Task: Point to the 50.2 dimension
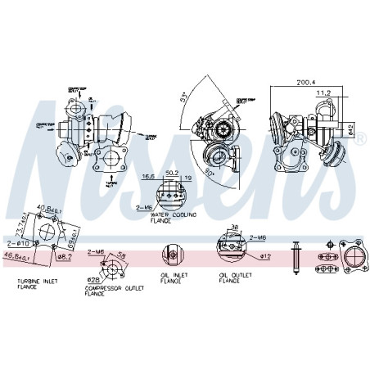(x=171, y=174)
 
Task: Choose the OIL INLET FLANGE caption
(x=173, y=279)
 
